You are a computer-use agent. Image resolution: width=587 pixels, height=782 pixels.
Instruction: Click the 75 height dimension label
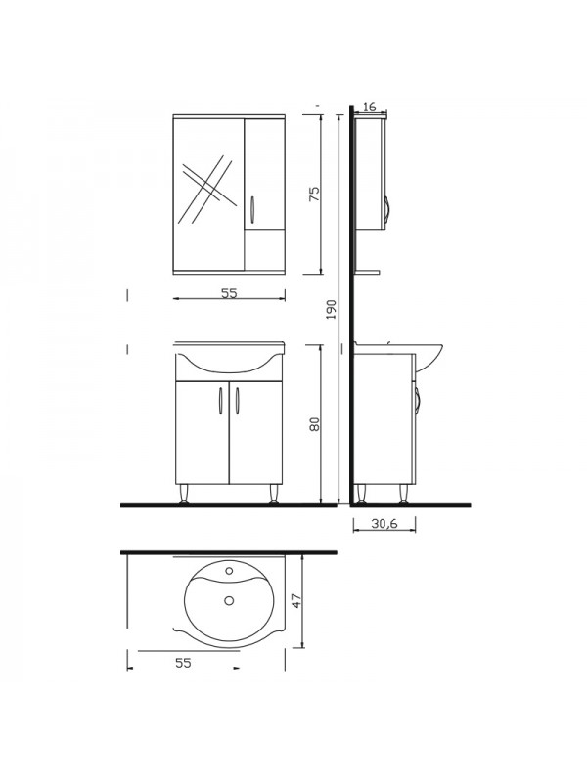click(x=313, y=193)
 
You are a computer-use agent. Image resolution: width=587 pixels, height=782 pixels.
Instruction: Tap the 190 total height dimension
click(x=331, y=309)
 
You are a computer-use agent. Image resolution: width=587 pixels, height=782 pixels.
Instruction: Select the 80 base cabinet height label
click(x=314, y=423)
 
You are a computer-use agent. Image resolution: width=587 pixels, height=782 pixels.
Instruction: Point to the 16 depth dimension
click(x=369, y=107)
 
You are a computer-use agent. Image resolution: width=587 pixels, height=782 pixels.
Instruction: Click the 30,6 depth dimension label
click(x=384, y=523)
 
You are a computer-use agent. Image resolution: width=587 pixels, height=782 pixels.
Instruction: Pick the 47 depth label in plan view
click(x=296, y=600)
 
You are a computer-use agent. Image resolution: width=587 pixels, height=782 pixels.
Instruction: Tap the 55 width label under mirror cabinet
click(x=229, y=293)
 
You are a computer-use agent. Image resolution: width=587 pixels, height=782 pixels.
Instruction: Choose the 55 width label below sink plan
click(x=183, y=663)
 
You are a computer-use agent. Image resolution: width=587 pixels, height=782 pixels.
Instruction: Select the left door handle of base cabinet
click(x=219, y=401)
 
